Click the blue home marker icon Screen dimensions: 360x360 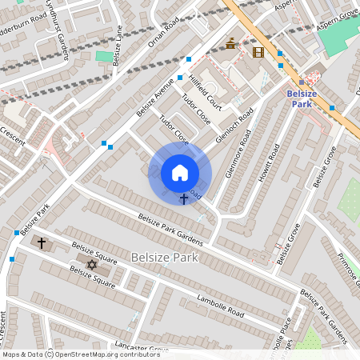click(180, 172)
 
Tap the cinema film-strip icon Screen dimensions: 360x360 click(258, 52)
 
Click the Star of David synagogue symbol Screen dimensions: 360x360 click(90, 265)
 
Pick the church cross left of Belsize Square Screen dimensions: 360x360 click(42, 241)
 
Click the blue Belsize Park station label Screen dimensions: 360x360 click(301, 98)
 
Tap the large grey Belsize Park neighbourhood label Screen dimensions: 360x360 click(166, 258)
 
